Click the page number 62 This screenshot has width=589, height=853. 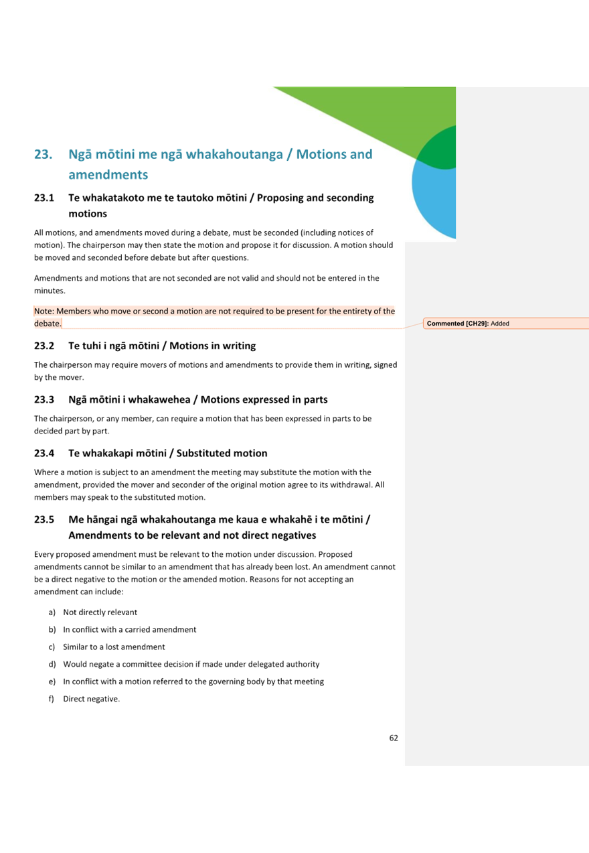[394, 738]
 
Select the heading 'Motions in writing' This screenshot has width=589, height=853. [212, 346]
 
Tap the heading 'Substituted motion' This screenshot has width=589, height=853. [224, 453]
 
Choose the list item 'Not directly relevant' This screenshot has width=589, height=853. [100, 612]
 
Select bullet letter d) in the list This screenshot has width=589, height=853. [52, 664]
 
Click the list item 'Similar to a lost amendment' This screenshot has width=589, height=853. [113, 647]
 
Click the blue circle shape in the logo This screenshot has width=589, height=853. [432, 201]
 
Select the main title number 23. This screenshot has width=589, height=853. [44, 155]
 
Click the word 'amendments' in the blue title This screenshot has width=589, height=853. [108, 175]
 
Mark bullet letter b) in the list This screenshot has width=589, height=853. [52, 629]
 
